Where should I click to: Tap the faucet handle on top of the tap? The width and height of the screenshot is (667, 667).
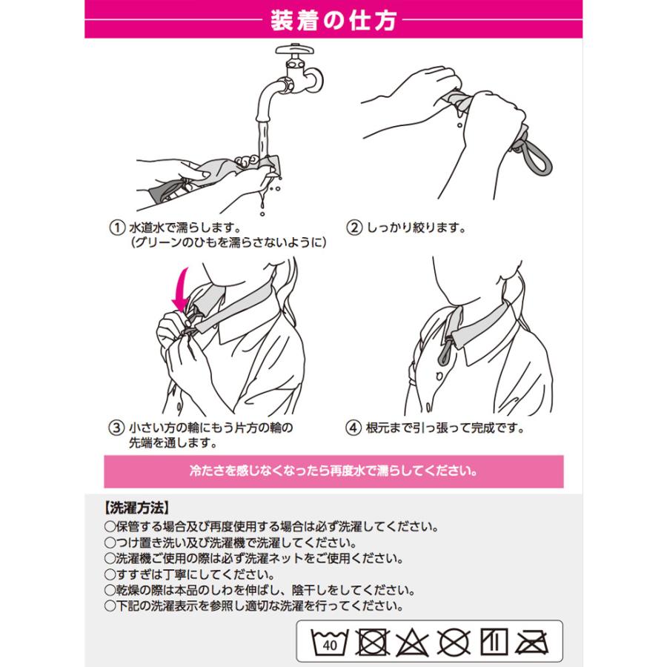point(295,50)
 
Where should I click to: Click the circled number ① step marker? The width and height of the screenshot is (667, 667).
point(117,228)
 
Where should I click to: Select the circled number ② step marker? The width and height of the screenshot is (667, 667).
point(354,228)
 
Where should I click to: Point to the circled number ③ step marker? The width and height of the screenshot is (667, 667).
point(116,428)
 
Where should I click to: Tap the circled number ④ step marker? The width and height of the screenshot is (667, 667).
point(354,428)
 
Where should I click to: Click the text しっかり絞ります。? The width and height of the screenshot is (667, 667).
point(417,228)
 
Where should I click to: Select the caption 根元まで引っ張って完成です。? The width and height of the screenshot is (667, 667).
point(445,428)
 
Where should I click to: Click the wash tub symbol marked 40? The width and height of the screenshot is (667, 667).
point(330,642)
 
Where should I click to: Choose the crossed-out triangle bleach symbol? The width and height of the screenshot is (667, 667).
point(412,642)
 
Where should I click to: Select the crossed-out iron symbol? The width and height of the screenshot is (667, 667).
point(531,642)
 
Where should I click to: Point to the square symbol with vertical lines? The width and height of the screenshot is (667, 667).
point(494,642)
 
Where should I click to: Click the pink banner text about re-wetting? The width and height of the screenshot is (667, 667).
point(333,471)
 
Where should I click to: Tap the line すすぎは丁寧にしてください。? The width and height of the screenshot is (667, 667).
point(190,574)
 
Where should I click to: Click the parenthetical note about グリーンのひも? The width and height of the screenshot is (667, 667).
point(228,242)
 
